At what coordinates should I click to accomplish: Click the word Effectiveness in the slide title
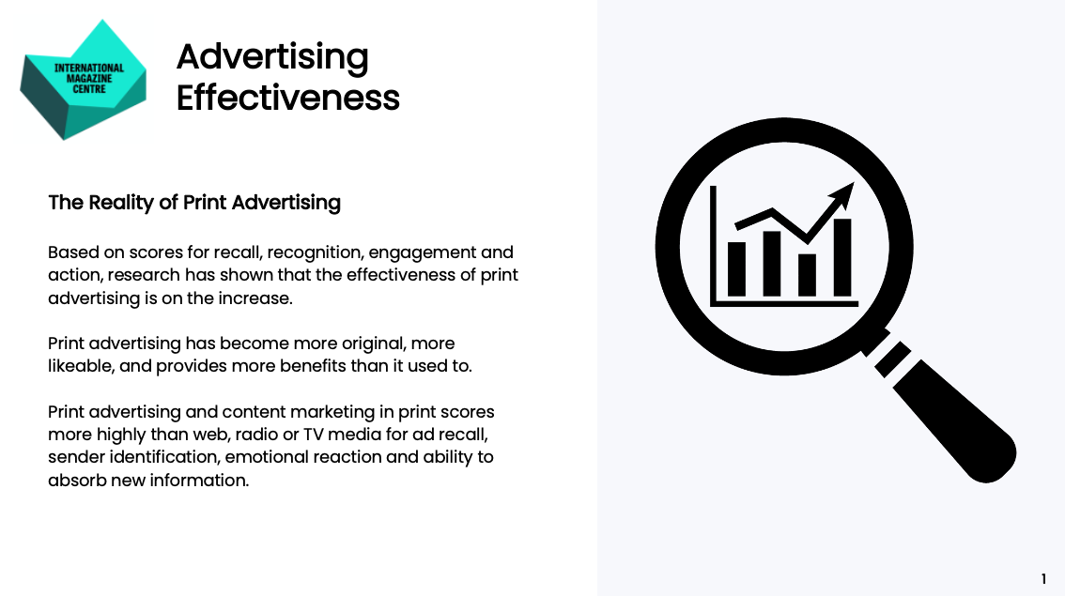coord(288,98)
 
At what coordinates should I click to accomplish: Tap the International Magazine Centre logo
coord(83,80)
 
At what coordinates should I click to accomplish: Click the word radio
coord(257,435)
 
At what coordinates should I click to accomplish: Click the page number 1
coord(1043,579)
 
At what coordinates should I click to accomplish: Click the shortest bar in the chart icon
coord(807,274)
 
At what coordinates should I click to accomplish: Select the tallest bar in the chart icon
coord(842,256)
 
